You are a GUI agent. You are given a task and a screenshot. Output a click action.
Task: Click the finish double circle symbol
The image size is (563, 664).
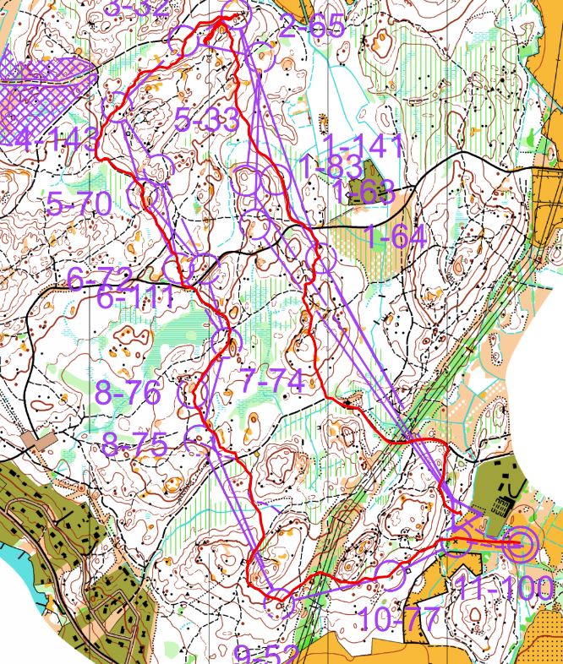click(519, 545)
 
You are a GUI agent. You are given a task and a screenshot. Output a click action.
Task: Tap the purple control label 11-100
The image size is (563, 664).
click(505, 588)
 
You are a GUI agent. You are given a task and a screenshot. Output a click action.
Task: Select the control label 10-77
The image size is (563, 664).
click(397, 619)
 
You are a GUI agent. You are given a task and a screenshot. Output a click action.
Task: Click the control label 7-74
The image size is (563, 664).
click(271, 381)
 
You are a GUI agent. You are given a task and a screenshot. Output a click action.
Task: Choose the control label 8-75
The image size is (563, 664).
click(134, 444)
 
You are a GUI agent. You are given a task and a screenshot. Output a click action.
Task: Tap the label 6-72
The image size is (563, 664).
click(99, 277)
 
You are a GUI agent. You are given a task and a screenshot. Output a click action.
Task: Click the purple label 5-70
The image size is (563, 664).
click(79, 204)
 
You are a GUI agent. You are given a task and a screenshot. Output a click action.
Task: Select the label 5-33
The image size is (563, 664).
click(208, 119)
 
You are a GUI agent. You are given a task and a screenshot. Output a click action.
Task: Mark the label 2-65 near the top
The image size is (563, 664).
click(313, 27)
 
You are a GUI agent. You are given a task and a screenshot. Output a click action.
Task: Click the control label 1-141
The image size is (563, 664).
click(363, 145)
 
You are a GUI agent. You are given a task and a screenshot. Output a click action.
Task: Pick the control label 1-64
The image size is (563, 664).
click(396, 236)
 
